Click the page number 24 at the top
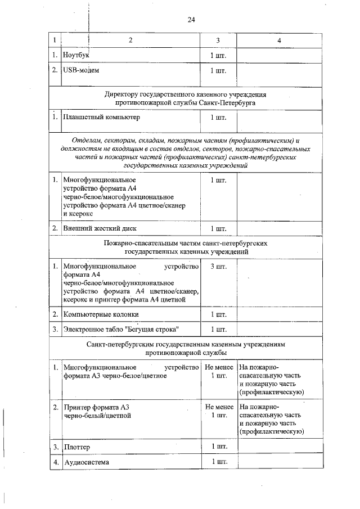tap(191, 20)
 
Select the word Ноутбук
tap(77, 56)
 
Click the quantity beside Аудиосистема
tap(218, 462)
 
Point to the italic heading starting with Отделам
tap(186, 152)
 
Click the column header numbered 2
tap(130, 40)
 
